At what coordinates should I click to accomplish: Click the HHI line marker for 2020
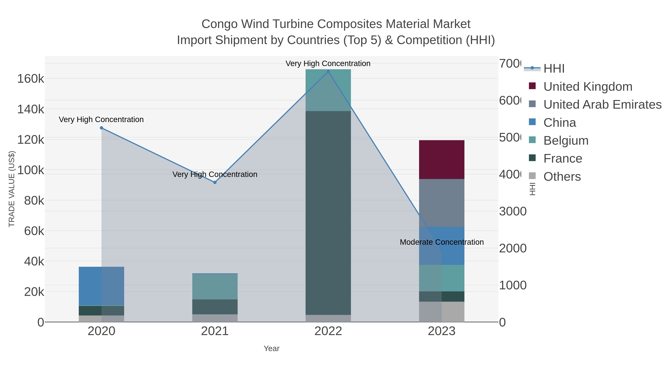(x=102, y=128)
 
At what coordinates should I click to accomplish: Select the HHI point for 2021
(x=215, y=182)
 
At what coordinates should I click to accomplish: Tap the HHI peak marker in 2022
(x=328, y=71)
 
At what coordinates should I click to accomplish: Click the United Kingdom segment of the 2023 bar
(x=441, y=159)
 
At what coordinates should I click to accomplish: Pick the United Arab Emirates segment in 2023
(x=441, y=203)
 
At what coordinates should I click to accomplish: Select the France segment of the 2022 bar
(x=328, y=213)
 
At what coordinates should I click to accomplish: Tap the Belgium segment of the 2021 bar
(x=215, y=286)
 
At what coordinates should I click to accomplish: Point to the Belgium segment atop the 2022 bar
(x=328, y=90)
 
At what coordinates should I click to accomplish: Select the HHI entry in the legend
(x=554, y=69)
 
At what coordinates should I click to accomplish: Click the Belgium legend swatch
(x=532, y=140)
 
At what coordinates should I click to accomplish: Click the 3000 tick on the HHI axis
(x=513, y=211)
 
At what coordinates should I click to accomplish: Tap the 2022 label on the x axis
(x=328, y=331)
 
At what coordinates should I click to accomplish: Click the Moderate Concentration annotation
(x=441, y=242)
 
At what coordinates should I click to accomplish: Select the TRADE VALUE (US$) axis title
(x=12, y=189)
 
